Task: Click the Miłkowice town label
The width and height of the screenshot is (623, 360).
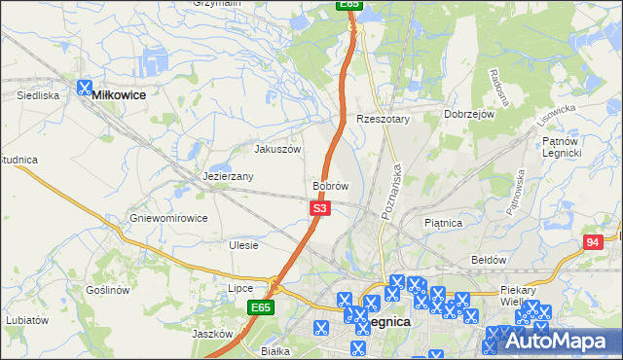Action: pyautogui.click(x=119, y=96)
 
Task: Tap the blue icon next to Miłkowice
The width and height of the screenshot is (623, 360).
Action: pyautogui.click(x=85, y=87)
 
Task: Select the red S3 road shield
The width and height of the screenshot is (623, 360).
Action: pyautogui.click(x=321, y=208)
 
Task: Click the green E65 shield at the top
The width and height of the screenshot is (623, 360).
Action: pyautogui.click(x=351, y=5)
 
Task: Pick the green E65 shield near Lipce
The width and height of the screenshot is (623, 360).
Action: pyautogui.click(x=260, y=307)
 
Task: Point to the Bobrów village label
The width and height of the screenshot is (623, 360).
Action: pyautogui.click(x=331, y=185)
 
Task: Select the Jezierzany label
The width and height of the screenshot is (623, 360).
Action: pyautogui.click(x=228, y=176)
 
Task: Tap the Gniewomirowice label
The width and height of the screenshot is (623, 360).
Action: pyautogui.click(x=168, y=218)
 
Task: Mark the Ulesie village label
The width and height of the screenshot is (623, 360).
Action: pyautogui.click(x=243, y=245)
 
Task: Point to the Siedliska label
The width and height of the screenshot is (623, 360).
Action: pyautogui.click(x=39, y=96)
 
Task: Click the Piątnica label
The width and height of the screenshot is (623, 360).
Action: pyautogui.click(x=443, y=223)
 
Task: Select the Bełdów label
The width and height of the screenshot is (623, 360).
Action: pyautogui.click(x=489, y=260)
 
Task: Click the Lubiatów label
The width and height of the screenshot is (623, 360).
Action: pyautogui.click(x=26, y=319)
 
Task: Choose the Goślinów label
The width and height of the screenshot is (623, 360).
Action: pyautogui.click(x=107, y=290)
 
